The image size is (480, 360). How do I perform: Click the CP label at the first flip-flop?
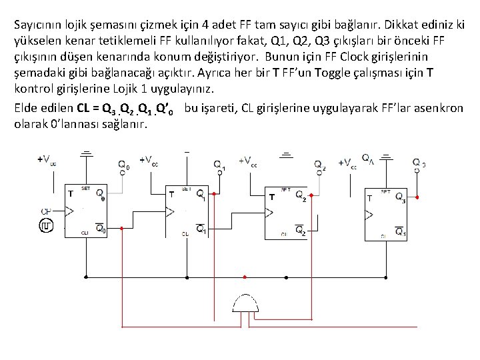click(x=46, y=212)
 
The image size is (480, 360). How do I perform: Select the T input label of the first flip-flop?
click(x=69, y=194)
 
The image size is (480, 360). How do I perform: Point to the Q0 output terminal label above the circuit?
click(x=125, y=165)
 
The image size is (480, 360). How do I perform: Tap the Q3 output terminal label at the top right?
click(x=419, y=163)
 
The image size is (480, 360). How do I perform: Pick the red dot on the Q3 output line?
click(x=418, y=197)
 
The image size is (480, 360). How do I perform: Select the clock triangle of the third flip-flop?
click(x=269, y=213)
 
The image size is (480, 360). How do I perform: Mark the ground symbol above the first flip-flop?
click(x=87, y=154)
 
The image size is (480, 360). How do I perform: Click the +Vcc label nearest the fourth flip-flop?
click(x=349, y=162)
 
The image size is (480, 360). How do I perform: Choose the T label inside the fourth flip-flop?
click(x=369, y=198)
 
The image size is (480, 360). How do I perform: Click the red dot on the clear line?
click(x=245, y=276)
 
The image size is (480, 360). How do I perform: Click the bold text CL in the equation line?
click(x=83, y=108)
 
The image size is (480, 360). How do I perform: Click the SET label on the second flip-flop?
click(x=186, y=189)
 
